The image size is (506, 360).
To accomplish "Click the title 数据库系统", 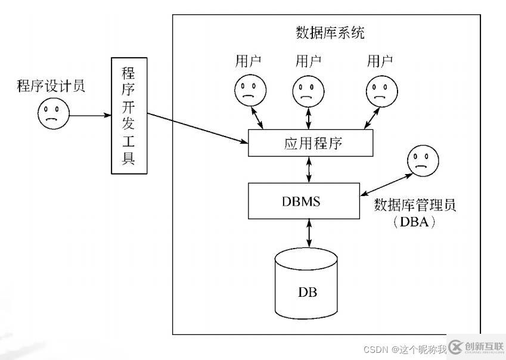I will (x=330, y=32).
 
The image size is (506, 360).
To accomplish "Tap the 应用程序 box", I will (x=310, y=144).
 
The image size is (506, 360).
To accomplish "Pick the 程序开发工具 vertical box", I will (x=128, y=116).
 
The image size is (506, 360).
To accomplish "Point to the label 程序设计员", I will (x=51, y=86).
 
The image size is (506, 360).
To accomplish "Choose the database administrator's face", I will (x=423, y=162).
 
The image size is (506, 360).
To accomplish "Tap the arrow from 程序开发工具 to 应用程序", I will (x=197, y=127).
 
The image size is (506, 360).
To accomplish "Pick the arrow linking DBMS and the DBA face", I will (x=386, y=184).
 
